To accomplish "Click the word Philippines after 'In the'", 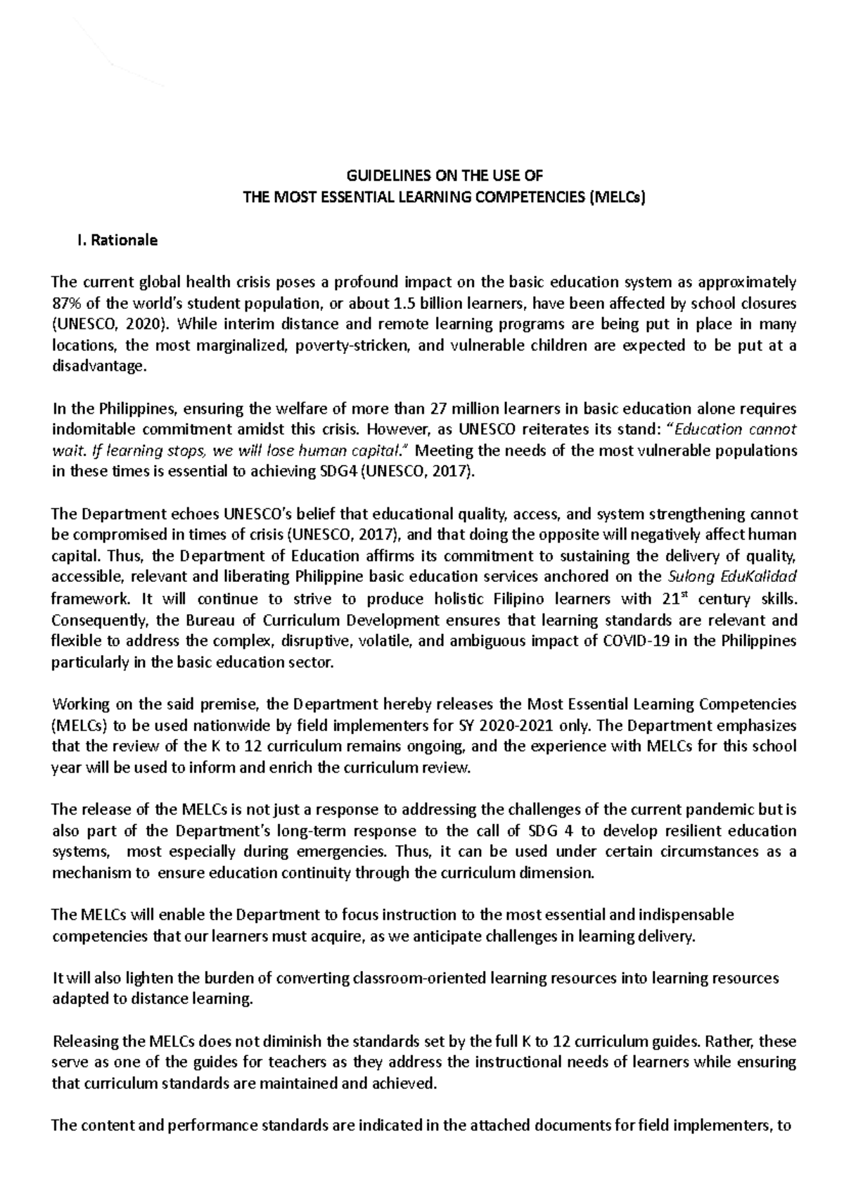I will click(x=129, y=409).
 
